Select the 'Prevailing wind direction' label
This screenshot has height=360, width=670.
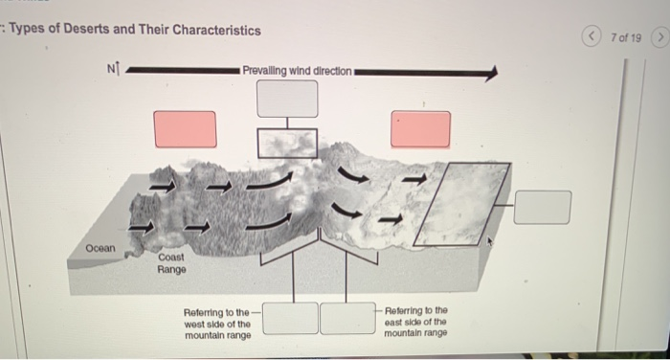click(297, 70)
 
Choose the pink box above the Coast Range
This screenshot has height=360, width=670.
click(185, 129)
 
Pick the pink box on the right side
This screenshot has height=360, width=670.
click(420, 129)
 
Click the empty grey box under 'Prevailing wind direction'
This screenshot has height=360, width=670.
click(286, 99)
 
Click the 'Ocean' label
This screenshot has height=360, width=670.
click(99, 248)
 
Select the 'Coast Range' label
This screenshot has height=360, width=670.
click(172, 263)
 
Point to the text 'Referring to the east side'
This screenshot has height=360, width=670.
click(414, 322)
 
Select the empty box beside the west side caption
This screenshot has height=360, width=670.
click(290, 318)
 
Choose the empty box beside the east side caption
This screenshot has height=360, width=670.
click(346, 318)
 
